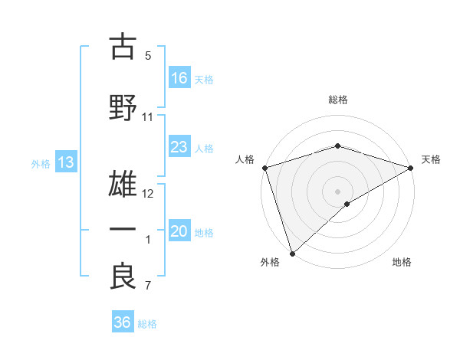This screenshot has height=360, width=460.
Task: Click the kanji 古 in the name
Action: pyautogui.click(x=123, y=47)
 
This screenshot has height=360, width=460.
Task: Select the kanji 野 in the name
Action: pyautogui.click(x=123, y=106)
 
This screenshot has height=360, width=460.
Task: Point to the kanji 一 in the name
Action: pyautogui.click(x=123, y=229)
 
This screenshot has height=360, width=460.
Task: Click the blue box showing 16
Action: pyautogui.click(x=179, y=77)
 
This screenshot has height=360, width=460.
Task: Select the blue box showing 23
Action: pyautogui.click(x=179, y=147)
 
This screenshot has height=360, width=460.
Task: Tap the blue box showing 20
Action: pyautogui.click(x=179, y=232)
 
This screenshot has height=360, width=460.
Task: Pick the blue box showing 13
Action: pyautogui.click(x=66, y=162)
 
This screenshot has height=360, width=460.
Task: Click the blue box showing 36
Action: pyautogui.click(x=123, y=322)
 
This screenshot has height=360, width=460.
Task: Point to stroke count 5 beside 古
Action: pyautogui.click(x=148, y=55)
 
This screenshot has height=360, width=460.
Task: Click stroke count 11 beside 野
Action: pyautogui.click(x=148, y=117)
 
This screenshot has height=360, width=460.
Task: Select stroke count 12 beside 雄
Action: pyautogui.click(x=149, y=194)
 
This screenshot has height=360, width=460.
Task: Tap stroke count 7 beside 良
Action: pyautogui.click(x=148, y=286)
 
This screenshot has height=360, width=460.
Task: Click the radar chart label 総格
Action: pyautogui.click(x=338, y=100)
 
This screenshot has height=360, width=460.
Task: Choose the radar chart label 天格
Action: pyautogui.click(x=431, y=159)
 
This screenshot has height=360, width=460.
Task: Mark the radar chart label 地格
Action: pyautogui.click(x=402, y=262)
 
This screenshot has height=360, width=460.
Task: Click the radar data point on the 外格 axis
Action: pyautogui.click(x=291, y=254)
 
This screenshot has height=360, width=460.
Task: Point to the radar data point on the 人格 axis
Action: pyautogui.click(x=264, y=168)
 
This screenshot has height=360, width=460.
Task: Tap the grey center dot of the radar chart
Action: pyautogui.click(x=337, y=190)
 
